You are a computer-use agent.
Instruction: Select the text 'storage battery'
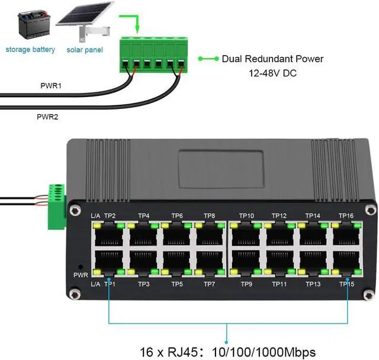[x=30, y=50]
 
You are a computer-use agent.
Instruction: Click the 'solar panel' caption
[x=85, y=50]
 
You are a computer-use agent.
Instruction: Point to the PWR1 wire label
[x=51, y=86]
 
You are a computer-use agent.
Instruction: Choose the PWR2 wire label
[x=51, y=117]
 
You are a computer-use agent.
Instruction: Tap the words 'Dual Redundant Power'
[x=272, y=59]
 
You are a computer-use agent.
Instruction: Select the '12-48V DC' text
[x=272, y=74]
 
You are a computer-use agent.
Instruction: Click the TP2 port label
[x=110, y=216]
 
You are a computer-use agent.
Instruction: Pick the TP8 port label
[x=210, y=216]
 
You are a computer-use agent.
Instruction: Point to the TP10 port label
[x=246, y=216]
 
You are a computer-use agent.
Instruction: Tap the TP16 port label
[x=346, y=216]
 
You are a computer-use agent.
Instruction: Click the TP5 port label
[x=176, y=284]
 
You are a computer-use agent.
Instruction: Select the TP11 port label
[x=280, y=284]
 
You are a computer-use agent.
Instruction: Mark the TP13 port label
[x=313, y=284]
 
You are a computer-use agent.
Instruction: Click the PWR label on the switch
[x=81, y=275]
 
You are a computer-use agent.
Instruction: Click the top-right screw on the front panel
[x=370, y=209]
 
